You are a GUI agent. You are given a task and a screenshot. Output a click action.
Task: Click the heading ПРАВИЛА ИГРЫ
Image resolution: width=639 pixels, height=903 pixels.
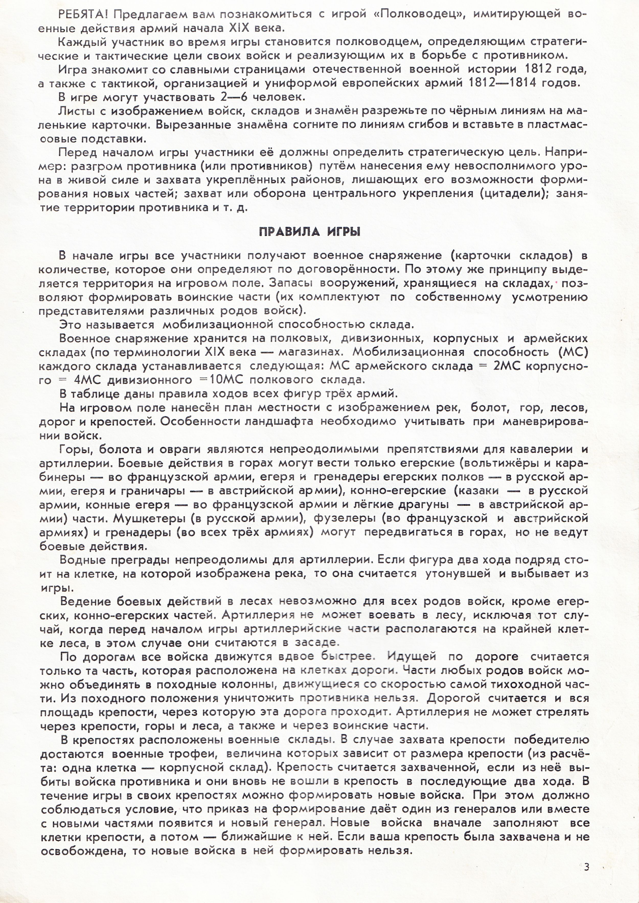pyautogui.click(x=310, y=232)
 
